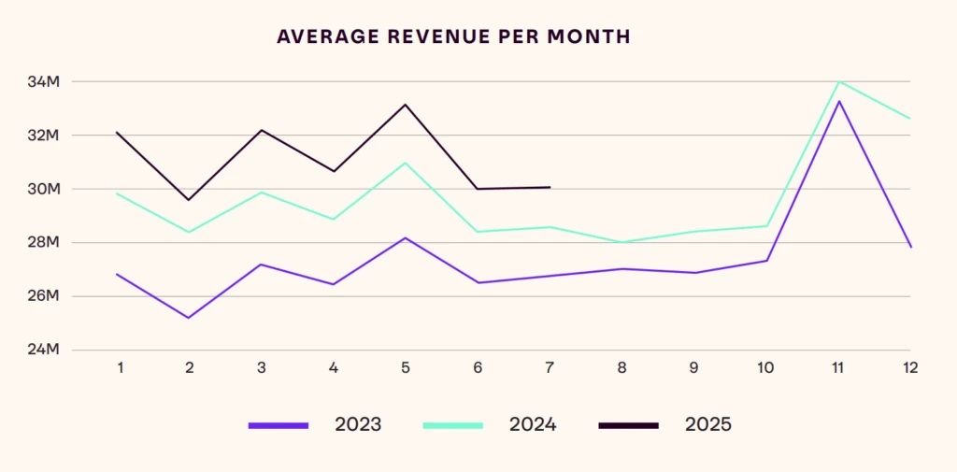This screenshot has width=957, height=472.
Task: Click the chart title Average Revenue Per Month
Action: [453, 37]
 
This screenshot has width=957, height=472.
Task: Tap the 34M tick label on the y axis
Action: [43, 81]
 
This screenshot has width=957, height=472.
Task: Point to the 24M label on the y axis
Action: [43, 350]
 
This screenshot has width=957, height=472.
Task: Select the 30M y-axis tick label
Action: [43, 189]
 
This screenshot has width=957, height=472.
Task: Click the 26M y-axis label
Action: [43, 296]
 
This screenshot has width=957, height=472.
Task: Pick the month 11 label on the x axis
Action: [837, 368]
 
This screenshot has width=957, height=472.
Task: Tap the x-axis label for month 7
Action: [550, 368]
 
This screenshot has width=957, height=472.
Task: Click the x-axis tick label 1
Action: [121, 368]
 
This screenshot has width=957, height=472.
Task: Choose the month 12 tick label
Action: [910, 368]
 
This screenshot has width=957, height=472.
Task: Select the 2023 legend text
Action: [358, 425]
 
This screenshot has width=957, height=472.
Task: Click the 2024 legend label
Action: [533, 425]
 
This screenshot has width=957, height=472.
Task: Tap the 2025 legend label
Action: [707, 425]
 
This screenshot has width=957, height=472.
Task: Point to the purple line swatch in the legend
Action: [279, 426]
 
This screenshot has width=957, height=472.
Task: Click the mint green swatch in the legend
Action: [453, 426]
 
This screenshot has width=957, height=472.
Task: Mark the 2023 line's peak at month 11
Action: [838, 101]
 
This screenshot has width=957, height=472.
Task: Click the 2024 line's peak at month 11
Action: [838, 81]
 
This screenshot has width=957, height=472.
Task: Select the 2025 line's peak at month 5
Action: [406, 105]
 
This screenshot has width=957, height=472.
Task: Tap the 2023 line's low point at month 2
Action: [189, 318]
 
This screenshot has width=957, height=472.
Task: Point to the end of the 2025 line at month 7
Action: [550, 187]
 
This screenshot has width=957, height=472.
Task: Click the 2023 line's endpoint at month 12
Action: [910, 247]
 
